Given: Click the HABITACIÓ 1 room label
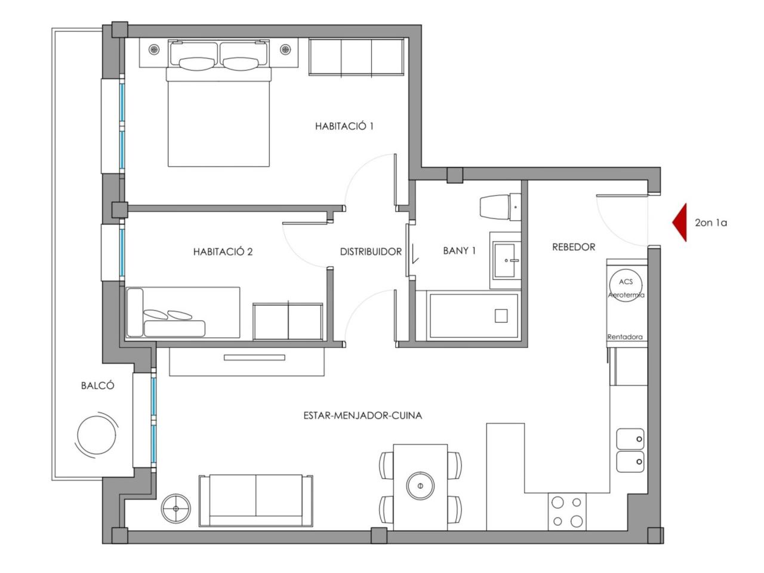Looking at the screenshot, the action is coord(344,126).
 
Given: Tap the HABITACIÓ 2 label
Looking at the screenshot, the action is coord(223,251).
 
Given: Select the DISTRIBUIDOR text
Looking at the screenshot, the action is coord(371,251).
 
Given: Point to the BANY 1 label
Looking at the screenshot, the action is coord(459,251).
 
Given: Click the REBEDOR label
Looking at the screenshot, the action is coord(574,247).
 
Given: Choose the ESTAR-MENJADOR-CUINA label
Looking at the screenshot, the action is coord(363,415).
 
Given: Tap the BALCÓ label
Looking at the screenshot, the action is coord(97,386).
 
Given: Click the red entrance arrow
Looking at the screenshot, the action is coord(679,222).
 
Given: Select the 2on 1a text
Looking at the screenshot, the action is coord(711,223).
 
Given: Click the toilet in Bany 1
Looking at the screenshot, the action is coord(500,207).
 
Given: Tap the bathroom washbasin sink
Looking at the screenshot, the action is coord(505,260).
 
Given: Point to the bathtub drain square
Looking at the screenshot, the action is coord(501,316).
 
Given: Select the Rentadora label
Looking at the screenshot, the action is coord(625,337).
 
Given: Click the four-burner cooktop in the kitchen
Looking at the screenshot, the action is coord(567,512).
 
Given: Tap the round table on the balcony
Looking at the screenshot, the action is coord(97,435).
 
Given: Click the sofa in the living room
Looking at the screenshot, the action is coord(256,501).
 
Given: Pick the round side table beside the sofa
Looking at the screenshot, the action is coord(175,509).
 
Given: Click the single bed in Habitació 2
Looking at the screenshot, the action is coord(183,312).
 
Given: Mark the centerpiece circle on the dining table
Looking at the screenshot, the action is coord(420,485).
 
